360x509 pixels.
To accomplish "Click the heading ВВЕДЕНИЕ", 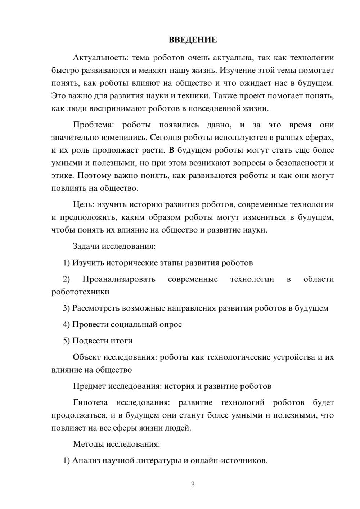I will (193, 40).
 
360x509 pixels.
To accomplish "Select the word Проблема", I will (93, 125).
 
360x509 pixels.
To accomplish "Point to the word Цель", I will (83, 205).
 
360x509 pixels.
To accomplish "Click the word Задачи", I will (86, 247).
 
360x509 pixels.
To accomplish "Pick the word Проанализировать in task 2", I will (119, 279).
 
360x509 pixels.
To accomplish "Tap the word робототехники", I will (80, 292).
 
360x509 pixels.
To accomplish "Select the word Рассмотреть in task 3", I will (96, 308).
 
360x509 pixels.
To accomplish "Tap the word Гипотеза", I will (90, 402).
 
